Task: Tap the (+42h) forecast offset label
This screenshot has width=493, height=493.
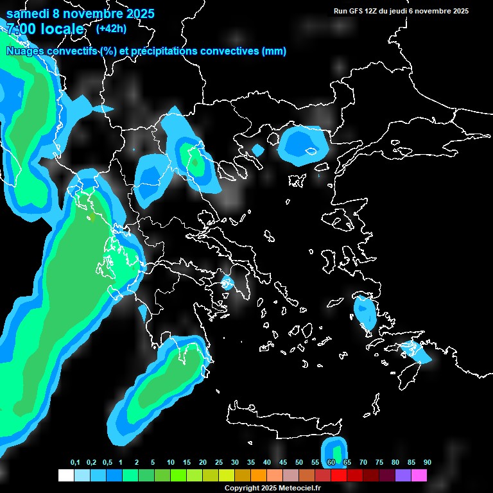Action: pos(111,28)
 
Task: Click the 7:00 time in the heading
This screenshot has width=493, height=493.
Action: pos(21,29)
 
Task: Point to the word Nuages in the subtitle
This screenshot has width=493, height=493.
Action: pos(24,51)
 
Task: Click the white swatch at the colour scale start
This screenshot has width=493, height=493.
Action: pos(65,476)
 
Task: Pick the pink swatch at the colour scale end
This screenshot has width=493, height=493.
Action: pos(419,476)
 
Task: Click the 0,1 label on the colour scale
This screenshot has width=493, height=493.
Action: pos(75,463)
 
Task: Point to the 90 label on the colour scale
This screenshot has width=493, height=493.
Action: pos(427,463)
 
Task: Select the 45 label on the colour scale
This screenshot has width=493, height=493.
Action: pos(283,463)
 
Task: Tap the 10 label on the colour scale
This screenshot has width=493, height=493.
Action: pos(170,463)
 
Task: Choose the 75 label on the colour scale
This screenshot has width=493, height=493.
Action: pos(379,463)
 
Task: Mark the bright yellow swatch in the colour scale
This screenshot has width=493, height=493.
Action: pos(226,476)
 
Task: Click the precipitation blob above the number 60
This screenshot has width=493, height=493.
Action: pos(334,447)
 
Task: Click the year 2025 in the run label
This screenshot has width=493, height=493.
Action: pos(460,11)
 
